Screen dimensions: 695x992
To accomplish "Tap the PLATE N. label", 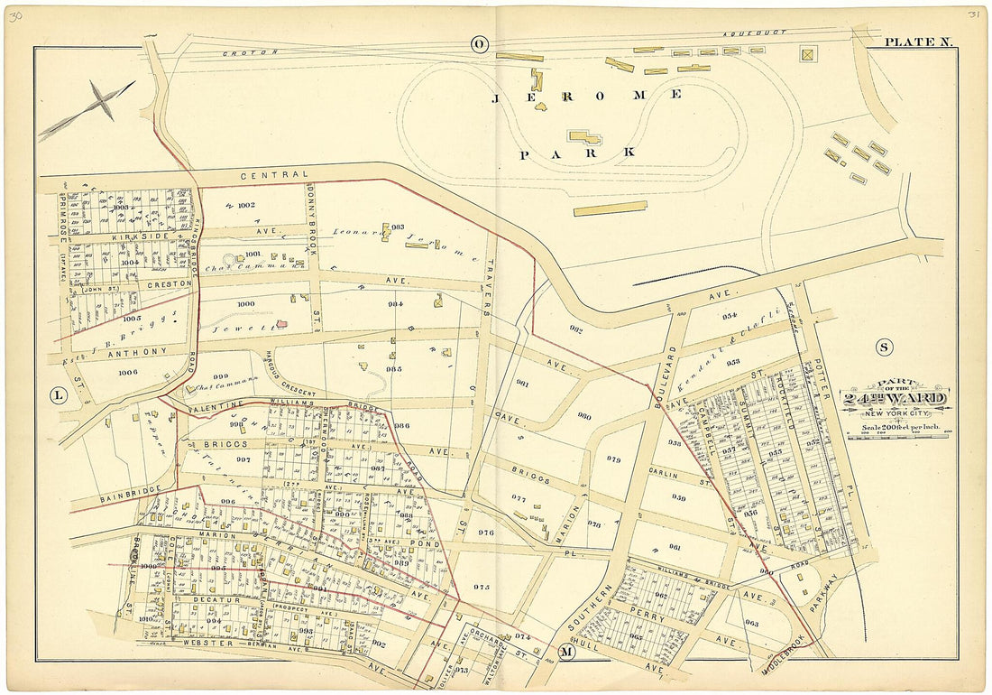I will pos(912,42).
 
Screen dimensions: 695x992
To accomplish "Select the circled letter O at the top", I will pos(479,43).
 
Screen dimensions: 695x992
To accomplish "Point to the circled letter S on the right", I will pos(883,347).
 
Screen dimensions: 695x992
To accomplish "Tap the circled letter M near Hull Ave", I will pos(565,653).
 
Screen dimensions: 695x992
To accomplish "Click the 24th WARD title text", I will pos(896,398).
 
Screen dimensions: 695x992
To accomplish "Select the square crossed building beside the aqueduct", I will pos(807,53).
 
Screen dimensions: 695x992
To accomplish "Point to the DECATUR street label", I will pos(213,598).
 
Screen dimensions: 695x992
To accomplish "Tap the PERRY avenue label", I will pos(651,620).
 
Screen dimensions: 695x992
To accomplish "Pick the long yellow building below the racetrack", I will pos(610,208).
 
